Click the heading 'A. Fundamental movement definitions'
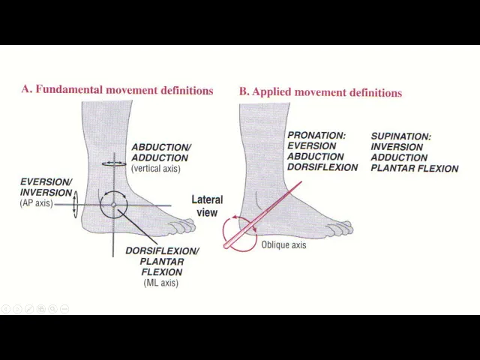(117, 90)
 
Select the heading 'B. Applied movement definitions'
(320, 92)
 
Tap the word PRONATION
(316, 136)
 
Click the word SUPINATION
(400, 136)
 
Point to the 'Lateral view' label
(207, 205)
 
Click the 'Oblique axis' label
(283, 244)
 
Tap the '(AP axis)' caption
(36, 203)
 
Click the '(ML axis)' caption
(160, 283)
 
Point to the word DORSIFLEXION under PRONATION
(322, 167)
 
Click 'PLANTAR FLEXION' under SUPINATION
(414, 168)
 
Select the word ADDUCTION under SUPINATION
(399, 157)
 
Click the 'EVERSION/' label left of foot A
(46, 182)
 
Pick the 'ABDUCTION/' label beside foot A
(161, 148)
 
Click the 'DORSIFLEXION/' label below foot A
(162, 251)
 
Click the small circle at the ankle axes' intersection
(113, 204)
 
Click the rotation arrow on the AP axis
(74, 204)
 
